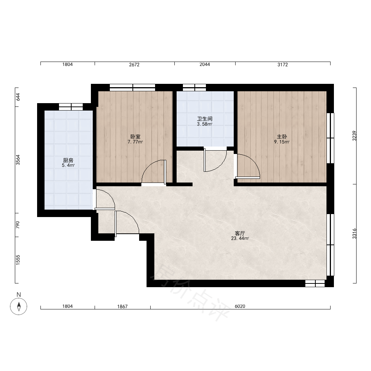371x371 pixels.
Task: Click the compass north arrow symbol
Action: point(19,306)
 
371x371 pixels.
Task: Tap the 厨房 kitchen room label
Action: point(68,161)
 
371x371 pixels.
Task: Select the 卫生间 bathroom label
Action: point(205,119)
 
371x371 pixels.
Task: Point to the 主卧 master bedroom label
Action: point(282,137)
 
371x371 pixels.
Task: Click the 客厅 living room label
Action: point(240,233)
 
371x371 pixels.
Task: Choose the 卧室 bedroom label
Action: point(135,137)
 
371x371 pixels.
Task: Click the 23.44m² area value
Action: point(240,239)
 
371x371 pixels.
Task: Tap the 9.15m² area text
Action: point(282,142)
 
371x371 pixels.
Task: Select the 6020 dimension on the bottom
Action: point(240,306)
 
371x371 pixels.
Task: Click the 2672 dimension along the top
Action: point(134,64)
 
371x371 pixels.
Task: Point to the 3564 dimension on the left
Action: point(18,160)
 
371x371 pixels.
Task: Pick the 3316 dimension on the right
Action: point(354,233)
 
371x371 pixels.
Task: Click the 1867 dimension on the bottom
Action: point(122,306)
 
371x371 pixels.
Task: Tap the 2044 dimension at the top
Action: point(205,64)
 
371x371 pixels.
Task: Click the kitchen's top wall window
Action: point(71,107)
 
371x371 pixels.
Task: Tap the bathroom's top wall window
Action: point(194,88)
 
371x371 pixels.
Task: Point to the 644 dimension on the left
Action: point(18,97)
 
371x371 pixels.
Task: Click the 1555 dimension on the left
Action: point(18,260)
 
